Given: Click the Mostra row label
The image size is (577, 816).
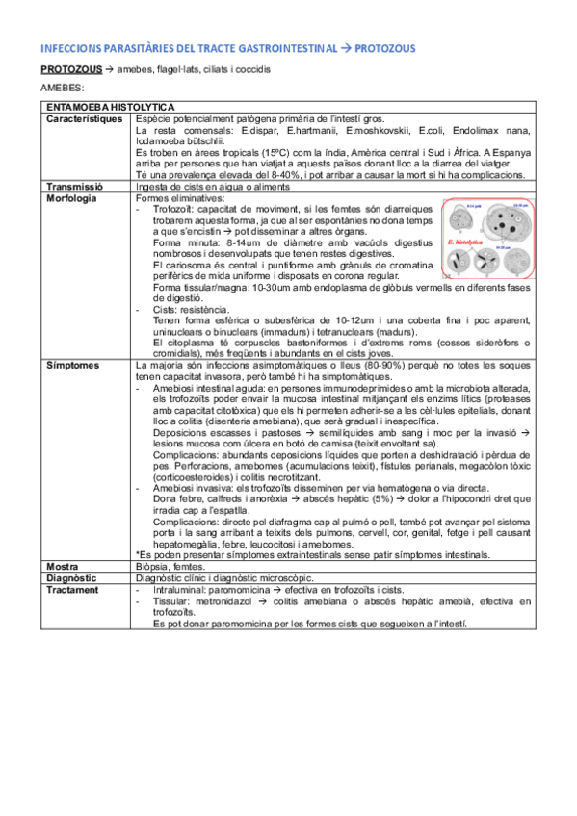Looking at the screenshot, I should (x=62, y=568).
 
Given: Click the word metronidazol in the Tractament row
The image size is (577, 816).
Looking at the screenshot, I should (x=223, y=601).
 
